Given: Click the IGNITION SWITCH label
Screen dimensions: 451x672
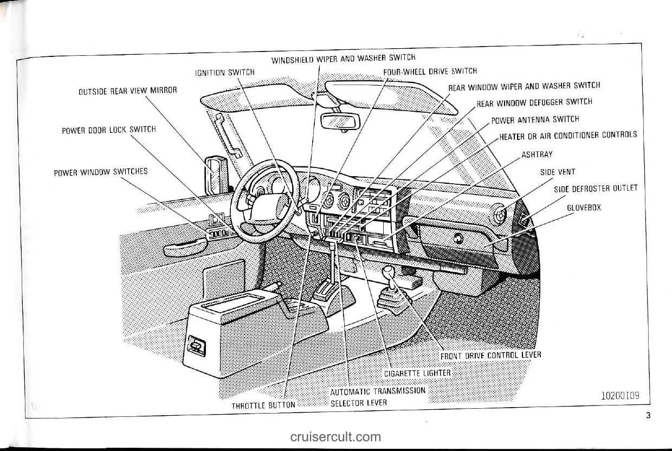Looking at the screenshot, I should [x=224, y=72].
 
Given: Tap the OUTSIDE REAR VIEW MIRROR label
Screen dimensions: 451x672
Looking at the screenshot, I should [x=128, y=91].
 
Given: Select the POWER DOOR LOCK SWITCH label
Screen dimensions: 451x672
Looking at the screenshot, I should [x=109, y=130].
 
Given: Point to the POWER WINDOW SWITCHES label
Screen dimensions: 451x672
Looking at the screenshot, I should [x=101, y=172].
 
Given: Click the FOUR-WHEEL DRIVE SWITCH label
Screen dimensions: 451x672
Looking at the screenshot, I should [x=430, y=71].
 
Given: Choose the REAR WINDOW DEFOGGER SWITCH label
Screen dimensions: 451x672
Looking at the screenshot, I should [x=534, y=102].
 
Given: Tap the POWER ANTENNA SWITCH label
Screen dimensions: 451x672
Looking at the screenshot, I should [x=535, y=119].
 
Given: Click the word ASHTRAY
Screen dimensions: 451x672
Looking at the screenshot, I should [x=537, y=154].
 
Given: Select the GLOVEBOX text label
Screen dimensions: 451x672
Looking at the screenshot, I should [x=584, y=208].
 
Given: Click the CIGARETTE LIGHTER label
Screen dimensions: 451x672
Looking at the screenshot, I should [x=417, y=373].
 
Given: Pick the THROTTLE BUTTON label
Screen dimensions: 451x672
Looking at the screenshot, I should [x=263, y=405].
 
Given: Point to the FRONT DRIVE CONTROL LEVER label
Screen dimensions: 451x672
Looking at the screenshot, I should [x=490, y=355].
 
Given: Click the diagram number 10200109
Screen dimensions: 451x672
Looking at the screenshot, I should [x=620, y=396].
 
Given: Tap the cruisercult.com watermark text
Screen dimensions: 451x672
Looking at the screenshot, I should [x=335, y=437].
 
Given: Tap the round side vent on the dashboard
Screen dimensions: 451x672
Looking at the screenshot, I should [x=499, y=215].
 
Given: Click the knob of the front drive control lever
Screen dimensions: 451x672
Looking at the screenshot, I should [x=388, y=271].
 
